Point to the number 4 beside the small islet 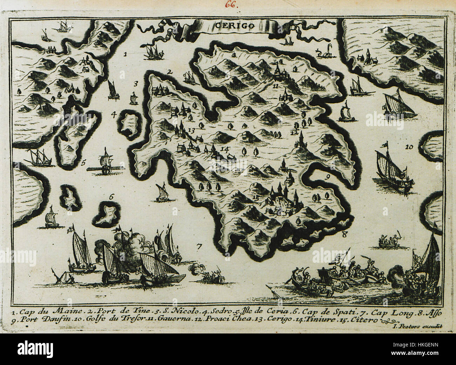coord(113,114)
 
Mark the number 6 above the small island coord(111,197)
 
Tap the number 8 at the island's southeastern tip coord(344,235)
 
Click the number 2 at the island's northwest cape coord(169,72)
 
